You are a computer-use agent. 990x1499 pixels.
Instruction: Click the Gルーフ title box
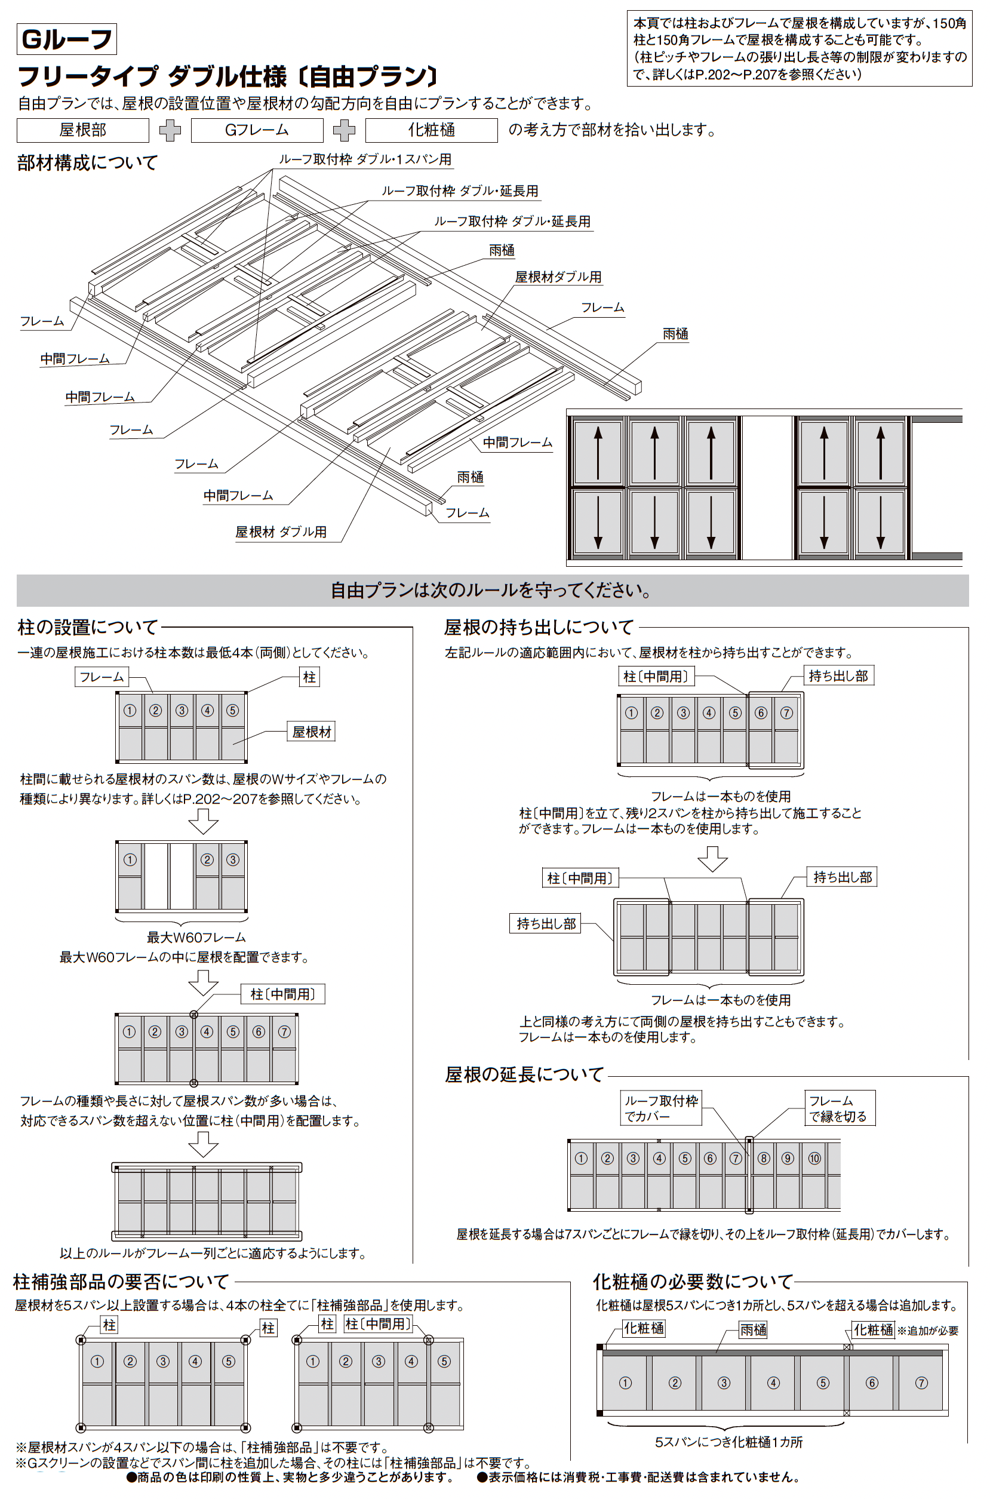[66, 39]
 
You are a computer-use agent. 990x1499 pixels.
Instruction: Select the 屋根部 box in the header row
[83, 130]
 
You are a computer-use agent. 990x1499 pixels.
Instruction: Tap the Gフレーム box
[257, 130]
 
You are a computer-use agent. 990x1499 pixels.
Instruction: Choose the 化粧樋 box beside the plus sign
[431, 130]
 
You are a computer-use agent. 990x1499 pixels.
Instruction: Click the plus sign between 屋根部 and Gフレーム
[170, 130]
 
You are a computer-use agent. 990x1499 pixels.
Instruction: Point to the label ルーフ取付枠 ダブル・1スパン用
[365, 159]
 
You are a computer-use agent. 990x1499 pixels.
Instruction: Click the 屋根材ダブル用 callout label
[558, 277]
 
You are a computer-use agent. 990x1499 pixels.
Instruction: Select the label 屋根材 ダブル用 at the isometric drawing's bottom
[281, 532]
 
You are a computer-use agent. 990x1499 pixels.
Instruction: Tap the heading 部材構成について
[87, 163]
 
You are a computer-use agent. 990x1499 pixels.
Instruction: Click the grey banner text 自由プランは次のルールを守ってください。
[492, 591]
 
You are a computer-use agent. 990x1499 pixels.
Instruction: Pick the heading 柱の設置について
[88, 627]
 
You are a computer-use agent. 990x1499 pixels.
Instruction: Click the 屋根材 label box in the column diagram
[311, 732]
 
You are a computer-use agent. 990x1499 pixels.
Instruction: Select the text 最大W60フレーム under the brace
[196, 938]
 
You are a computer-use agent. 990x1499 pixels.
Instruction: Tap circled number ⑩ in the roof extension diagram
[814, 1158]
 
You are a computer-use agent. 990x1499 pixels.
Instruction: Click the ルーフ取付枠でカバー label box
[661, 1108]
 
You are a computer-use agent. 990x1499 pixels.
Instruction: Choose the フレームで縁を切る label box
[838, 1108]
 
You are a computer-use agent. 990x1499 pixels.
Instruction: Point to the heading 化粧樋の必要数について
[693, 1282]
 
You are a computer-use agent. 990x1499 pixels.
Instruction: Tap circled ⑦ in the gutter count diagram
[921, 1383]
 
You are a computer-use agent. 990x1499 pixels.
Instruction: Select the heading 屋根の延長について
[524, 1075]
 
